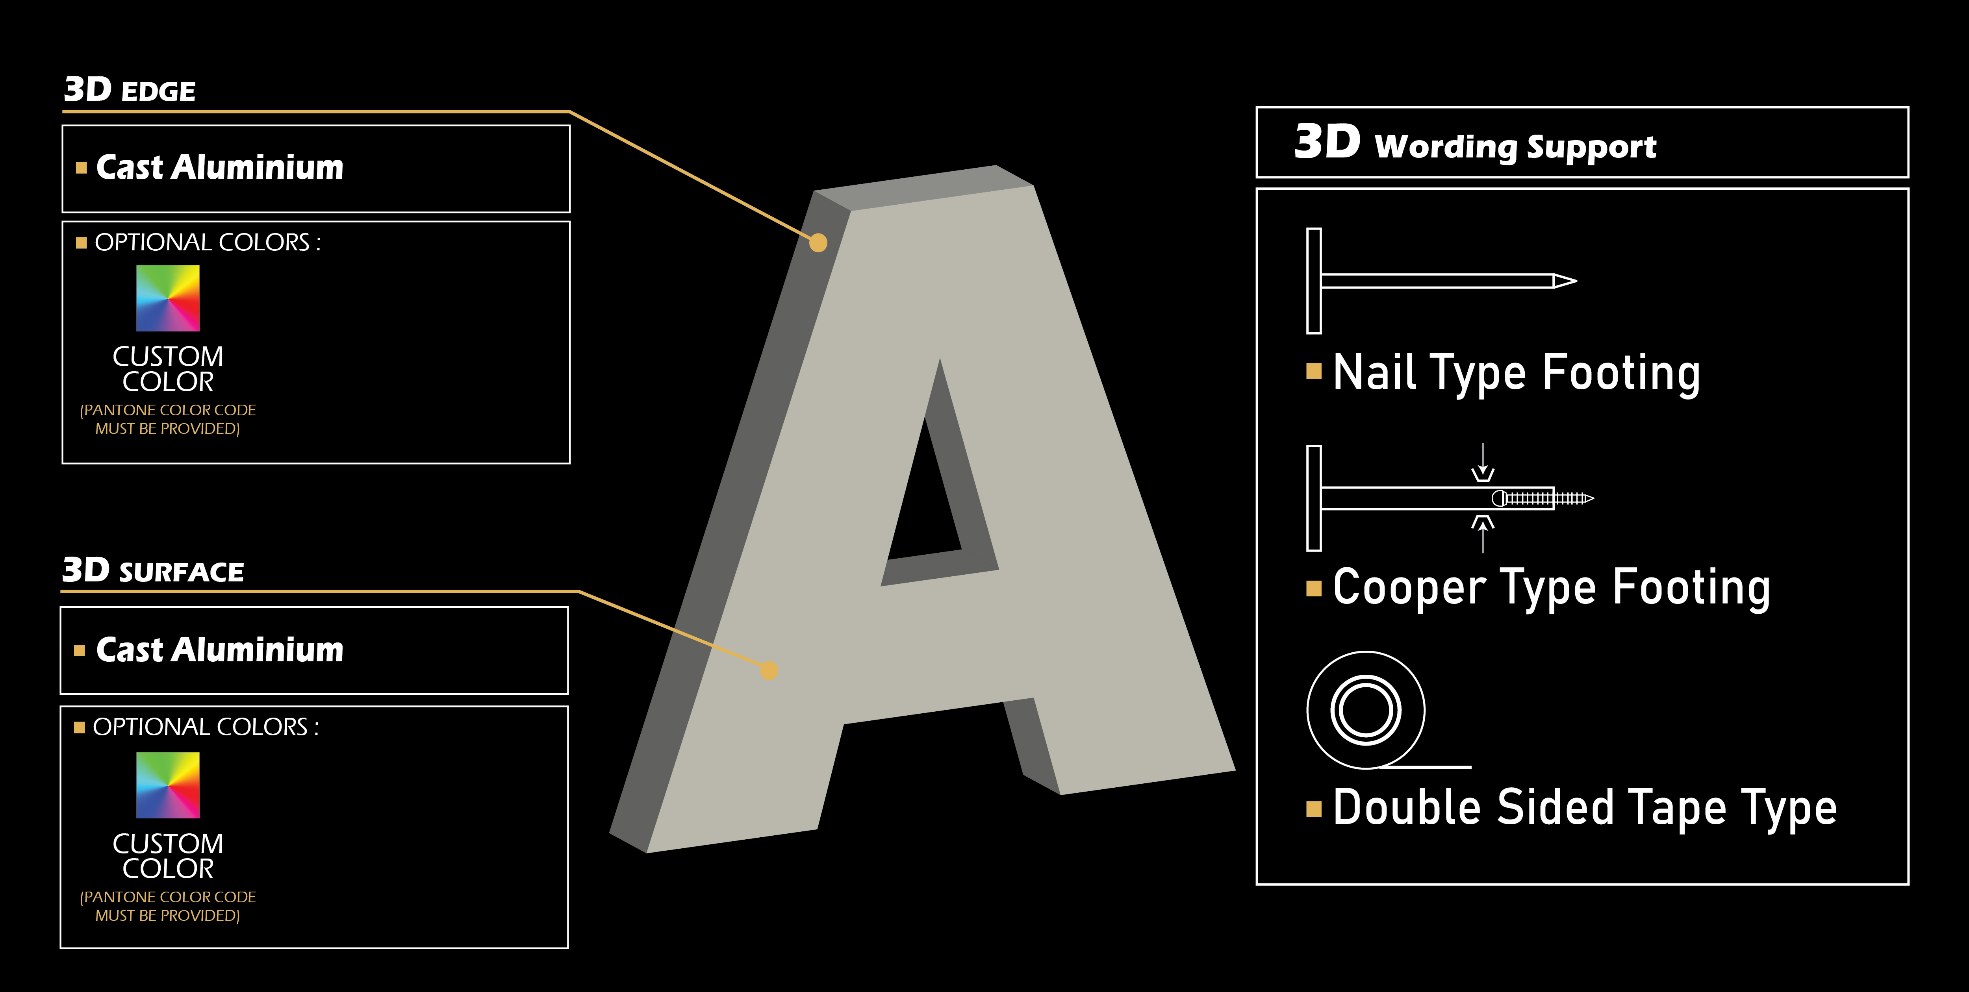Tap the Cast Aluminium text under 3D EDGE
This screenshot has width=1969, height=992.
pos(219,167)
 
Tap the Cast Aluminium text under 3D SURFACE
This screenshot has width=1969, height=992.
pos(219,650)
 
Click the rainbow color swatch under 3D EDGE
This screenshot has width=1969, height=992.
pos(167,298)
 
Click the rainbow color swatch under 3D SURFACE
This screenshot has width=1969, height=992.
pos(167,785)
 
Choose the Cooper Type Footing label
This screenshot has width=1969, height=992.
pos(1552,589)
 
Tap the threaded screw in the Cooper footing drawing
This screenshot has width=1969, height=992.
pos(1544,498)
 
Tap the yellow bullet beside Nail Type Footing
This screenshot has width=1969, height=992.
pos(1314,372)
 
